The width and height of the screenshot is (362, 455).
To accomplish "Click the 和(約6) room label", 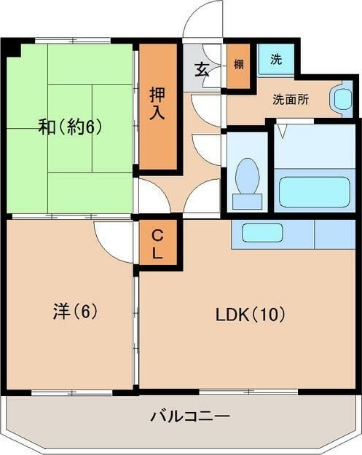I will click(x=70, y=126).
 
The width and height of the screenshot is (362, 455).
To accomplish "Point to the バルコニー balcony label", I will click(x=191, y=416).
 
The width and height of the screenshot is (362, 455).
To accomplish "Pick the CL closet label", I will click(x=158, y=245).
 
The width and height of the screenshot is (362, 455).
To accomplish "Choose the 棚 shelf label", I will click(x=238, y=63).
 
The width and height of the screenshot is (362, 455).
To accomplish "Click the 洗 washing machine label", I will click(x=275, y=60).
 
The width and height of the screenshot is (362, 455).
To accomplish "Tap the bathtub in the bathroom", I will click(x=315, y=191).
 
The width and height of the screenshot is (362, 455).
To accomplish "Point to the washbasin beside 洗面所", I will click(x=339, y=99).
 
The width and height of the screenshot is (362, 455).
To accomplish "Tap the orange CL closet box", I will click(x=158, y=245).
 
